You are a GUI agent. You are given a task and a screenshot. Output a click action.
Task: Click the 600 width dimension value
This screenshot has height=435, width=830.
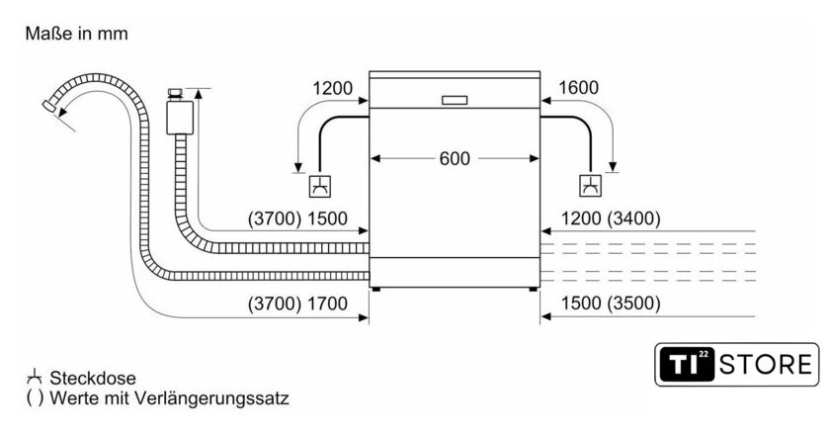pyautogui.click(x=456, y=158)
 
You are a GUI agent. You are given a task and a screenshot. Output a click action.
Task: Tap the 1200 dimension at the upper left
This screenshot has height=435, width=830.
pyautogui.click(x=332, y=88)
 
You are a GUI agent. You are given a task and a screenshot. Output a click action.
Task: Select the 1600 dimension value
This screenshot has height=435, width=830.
pyautogui.click(x=578, y=88)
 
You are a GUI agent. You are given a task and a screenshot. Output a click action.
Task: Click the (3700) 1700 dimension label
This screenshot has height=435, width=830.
pyautogui.click(x=297, y=304)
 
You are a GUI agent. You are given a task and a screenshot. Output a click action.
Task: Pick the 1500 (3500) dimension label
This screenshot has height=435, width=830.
pyautogui.click(x=609, y=304)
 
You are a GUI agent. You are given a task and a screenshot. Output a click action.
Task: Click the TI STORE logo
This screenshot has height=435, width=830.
pyautogui.click(x=737, y=364)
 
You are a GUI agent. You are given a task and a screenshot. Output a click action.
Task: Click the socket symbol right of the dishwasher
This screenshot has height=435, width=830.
pyautogui.click(x=590, y=185)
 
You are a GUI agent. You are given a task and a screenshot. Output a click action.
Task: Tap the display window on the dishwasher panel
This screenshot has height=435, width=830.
pyautogui.click(x=456, y=100)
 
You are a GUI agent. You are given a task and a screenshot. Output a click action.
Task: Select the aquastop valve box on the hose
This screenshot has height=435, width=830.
pyautogui.click(x=179, y=115)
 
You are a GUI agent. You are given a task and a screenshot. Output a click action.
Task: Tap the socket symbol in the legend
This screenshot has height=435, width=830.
pyautogui.click(x=36, y=377)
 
